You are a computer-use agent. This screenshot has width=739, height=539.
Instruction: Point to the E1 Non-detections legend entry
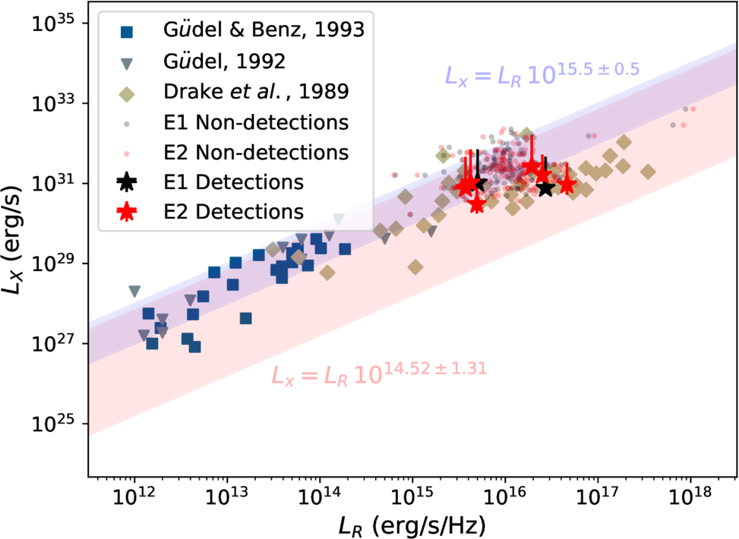point(255,122)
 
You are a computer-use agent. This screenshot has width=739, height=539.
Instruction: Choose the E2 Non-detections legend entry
point(255,152)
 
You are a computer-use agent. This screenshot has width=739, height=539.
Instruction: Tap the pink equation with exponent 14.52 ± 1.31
point(379,373)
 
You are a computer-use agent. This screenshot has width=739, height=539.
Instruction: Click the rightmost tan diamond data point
point(648,172)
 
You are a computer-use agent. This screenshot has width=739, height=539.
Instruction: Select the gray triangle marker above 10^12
point(135,292)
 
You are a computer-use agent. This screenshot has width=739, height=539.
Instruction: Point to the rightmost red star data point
point(566,186)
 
